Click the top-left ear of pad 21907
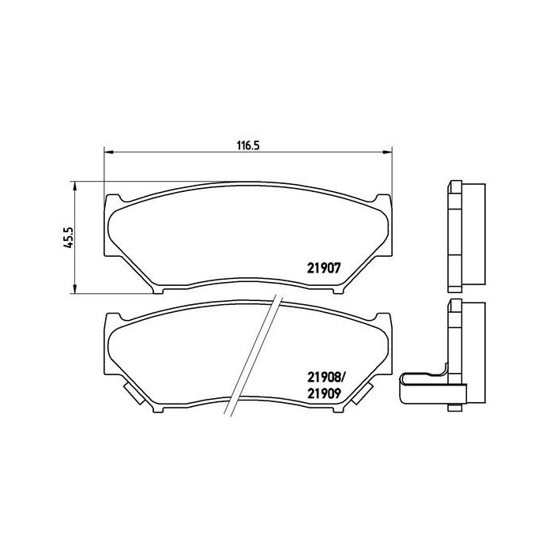115,198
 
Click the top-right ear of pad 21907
382,198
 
